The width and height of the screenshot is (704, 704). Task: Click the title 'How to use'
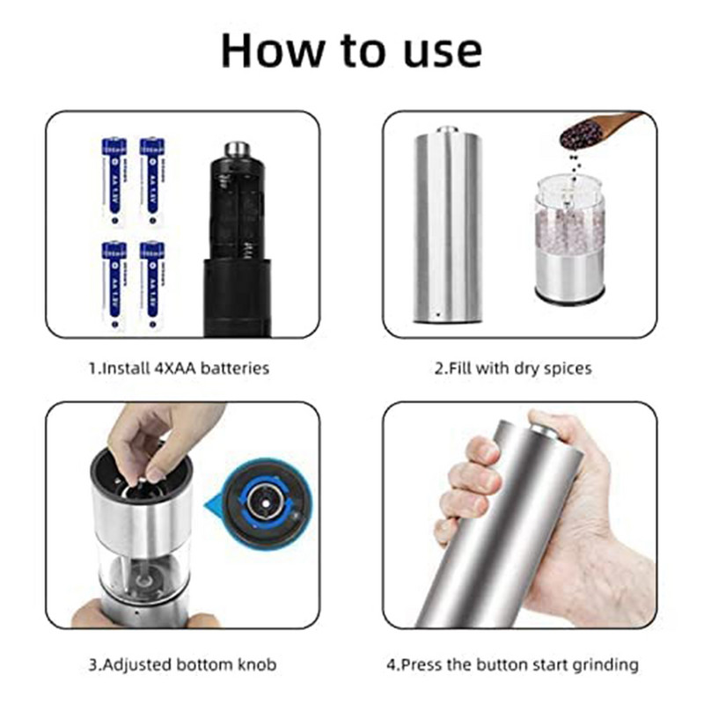[x=351, y=50]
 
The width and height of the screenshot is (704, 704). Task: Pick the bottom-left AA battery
[x=114, y=284]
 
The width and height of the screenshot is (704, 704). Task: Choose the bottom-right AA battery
[x=152, y=284]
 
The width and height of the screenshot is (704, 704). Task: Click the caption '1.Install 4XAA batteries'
[x=179, y=368]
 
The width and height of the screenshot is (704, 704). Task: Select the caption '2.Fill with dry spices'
[x=513, y=368]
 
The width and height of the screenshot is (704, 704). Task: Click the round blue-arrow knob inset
[x=263, y=502]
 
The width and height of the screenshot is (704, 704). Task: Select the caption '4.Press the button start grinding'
[x=513, y=665]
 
